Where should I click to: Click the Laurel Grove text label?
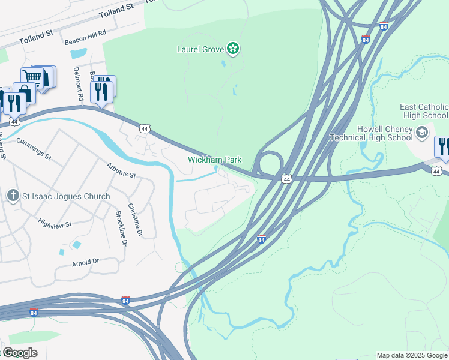tap(200, 49)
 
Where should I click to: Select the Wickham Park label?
tap(214, 160)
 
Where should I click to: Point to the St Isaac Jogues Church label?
tap(67, 196)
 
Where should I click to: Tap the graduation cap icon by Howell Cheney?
tap(423, 131)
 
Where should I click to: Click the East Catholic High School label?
tap(424, 111)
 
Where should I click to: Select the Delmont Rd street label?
tap(77, 82)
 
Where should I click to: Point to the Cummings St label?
tap(34, 148)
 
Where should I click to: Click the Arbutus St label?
tap(122, 170)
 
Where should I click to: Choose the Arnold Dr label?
tap(85, 262)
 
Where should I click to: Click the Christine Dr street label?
tap(139, 220)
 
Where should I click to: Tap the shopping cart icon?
tap(32, 77)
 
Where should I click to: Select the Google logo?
tap(19, 352)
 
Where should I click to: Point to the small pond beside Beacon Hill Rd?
tap(78, 53)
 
